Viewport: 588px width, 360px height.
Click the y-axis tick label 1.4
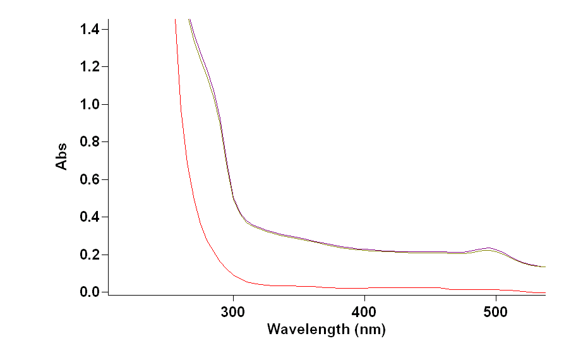click(90, 29)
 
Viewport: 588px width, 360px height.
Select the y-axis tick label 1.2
click(90, 67)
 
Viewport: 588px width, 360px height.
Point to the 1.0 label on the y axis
click(90, 104)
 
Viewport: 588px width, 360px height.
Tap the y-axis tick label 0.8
click(90, 142)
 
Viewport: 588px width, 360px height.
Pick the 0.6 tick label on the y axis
click(90, 179)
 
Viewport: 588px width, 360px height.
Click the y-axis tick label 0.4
click(90, 217)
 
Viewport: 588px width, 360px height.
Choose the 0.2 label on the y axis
click(90, 255)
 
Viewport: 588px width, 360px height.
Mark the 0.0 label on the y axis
click(90, 292)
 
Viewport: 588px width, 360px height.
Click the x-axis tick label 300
click(233, 312)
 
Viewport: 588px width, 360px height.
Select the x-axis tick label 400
click(364, 312)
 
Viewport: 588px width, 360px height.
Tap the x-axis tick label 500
click(496, 312)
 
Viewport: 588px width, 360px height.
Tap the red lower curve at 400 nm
click(364, 288)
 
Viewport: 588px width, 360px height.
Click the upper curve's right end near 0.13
click(544, 267)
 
